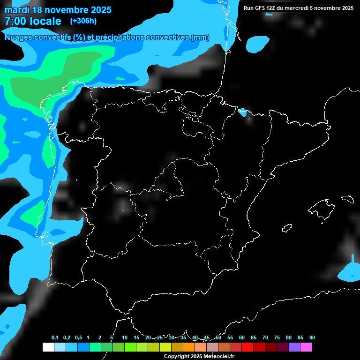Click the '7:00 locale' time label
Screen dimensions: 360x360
(33, 21)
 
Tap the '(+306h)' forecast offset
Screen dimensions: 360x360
(83, 21)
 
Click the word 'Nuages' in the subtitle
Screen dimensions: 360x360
(18, 37)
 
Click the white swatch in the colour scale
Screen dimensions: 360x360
(48, 347)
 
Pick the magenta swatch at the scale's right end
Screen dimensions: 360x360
(306, 347)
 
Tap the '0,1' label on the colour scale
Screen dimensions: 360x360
(55, 337)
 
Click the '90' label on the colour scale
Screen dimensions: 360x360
(312, 337)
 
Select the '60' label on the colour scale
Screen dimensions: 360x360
(241, 337)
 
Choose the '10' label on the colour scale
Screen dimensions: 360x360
(124, 337)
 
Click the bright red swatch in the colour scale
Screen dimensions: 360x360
(247, 347)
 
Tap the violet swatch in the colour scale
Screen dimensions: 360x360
(294, 347)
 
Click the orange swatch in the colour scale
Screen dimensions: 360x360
(189, 347)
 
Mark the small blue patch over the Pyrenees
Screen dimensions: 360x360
(243, 112)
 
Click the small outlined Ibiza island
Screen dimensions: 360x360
(286, 228)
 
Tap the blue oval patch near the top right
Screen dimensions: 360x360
(256, 44)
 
